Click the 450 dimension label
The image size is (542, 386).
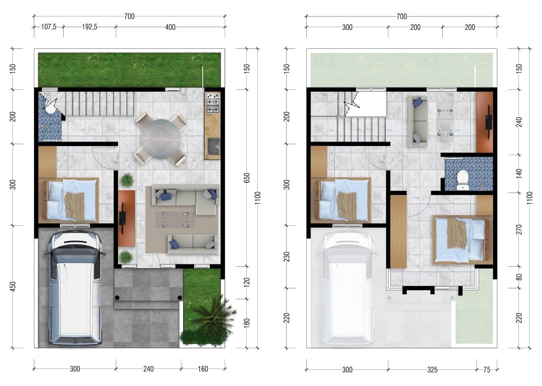(x=13, y=287)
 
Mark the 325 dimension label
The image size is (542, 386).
(x=432, y=369)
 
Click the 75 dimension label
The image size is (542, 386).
(x=487, y=369)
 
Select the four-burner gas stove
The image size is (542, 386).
(x=212, y=104)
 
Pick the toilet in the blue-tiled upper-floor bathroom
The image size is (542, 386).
(x=462, y=179)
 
